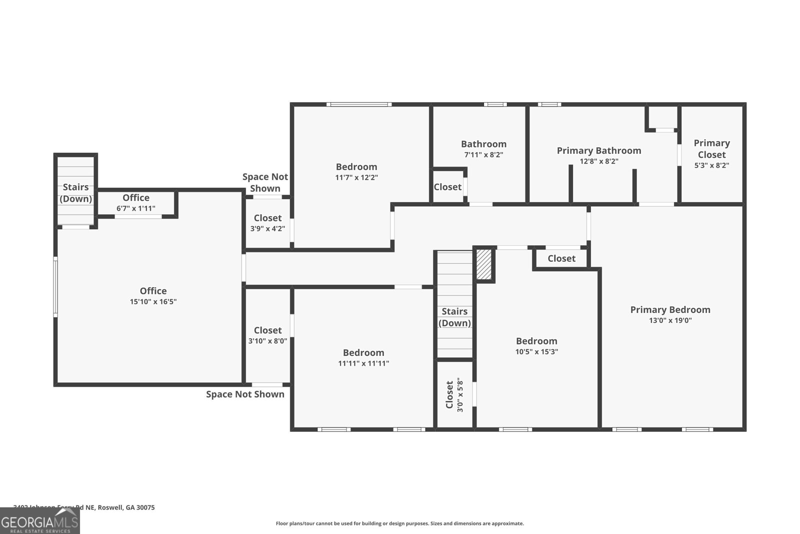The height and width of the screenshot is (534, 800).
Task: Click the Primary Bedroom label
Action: click(670, 310)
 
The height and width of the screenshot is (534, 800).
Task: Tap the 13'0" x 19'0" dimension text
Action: click(670, 321)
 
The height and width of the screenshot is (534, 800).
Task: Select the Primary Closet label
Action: click(711, 149)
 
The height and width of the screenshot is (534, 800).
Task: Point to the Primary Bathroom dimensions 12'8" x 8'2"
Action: click(599, 162)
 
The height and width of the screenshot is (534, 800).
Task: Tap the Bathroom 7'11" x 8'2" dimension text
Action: click(483, 155)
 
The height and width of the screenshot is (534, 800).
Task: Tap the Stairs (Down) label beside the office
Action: click(75, 193)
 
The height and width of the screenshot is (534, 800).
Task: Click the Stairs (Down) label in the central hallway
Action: click(454, 317)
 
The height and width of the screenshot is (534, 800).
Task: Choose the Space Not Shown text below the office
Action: click(245, 394)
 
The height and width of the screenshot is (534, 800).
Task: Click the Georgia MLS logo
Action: click(39, 521)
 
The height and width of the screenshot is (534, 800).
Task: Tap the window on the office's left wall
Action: click(55, 287)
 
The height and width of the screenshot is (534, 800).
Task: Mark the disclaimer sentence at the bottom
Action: click(399, 523)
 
